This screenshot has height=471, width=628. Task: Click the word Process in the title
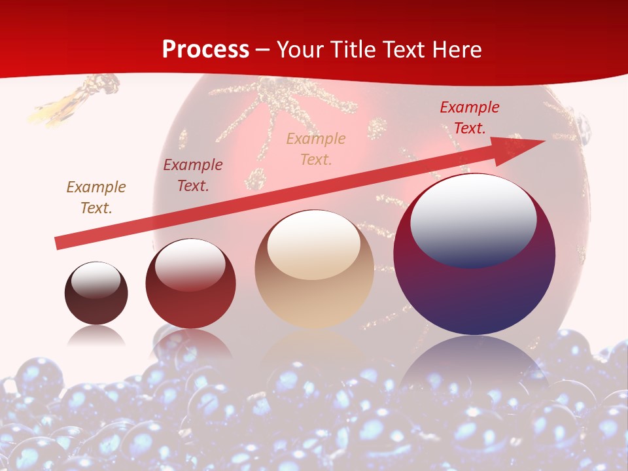click(x=205, y=50)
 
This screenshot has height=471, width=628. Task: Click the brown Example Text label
click(x=96, y=198)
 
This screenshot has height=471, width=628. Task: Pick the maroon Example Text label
click(x=193, y=175)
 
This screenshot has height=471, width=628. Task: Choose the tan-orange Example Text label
click(x=316, y=149)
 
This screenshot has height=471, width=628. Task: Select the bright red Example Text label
click(x=469, y=118)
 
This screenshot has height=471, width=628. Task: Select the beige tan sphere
click(x=314, y=294)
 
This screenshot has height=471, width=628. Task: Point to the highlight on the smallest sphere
click(x=96, y=281)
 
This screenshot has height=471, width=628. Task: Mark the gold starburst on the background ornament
click(x=275, y=105)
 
